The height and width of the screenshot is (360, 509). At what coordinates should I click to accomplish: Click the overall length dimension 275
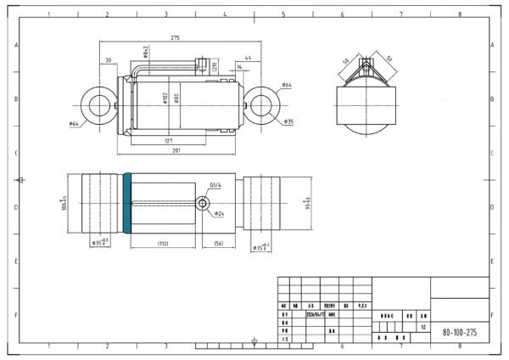[x=176, y=38]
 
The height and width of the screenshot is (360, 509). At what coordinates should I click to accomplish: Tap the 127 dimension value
[x=170, y=140]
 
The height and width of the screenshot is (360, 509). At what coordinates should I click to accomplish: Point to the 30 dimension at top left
[x=109, y=60]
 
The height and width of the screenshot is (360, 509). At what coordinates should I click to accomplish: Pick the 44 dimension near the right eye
[x=234, y=57]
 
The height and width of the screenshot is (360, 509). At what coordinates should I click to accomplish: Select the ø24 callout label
[x=219, y=213]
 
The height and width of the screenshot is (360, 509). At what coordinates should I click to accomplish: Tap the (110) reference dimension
[x=164, y=244]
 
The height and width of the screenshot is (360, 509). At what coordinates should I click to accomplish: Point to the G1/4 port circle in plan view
[x=203, y=204]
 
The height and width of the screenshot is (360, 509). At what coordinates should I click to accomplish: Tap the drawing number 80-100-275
[x=459, y=332]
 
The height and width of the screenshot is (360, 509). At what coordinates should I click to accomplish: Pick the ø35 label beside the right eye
[x=288, y=121]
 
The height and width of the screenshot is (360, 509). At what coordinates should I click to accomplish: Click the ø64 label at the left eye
[x=74, y=125]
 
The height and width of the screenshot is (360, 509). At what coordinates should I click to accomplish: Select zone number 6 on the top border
[x=342, y=14]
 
